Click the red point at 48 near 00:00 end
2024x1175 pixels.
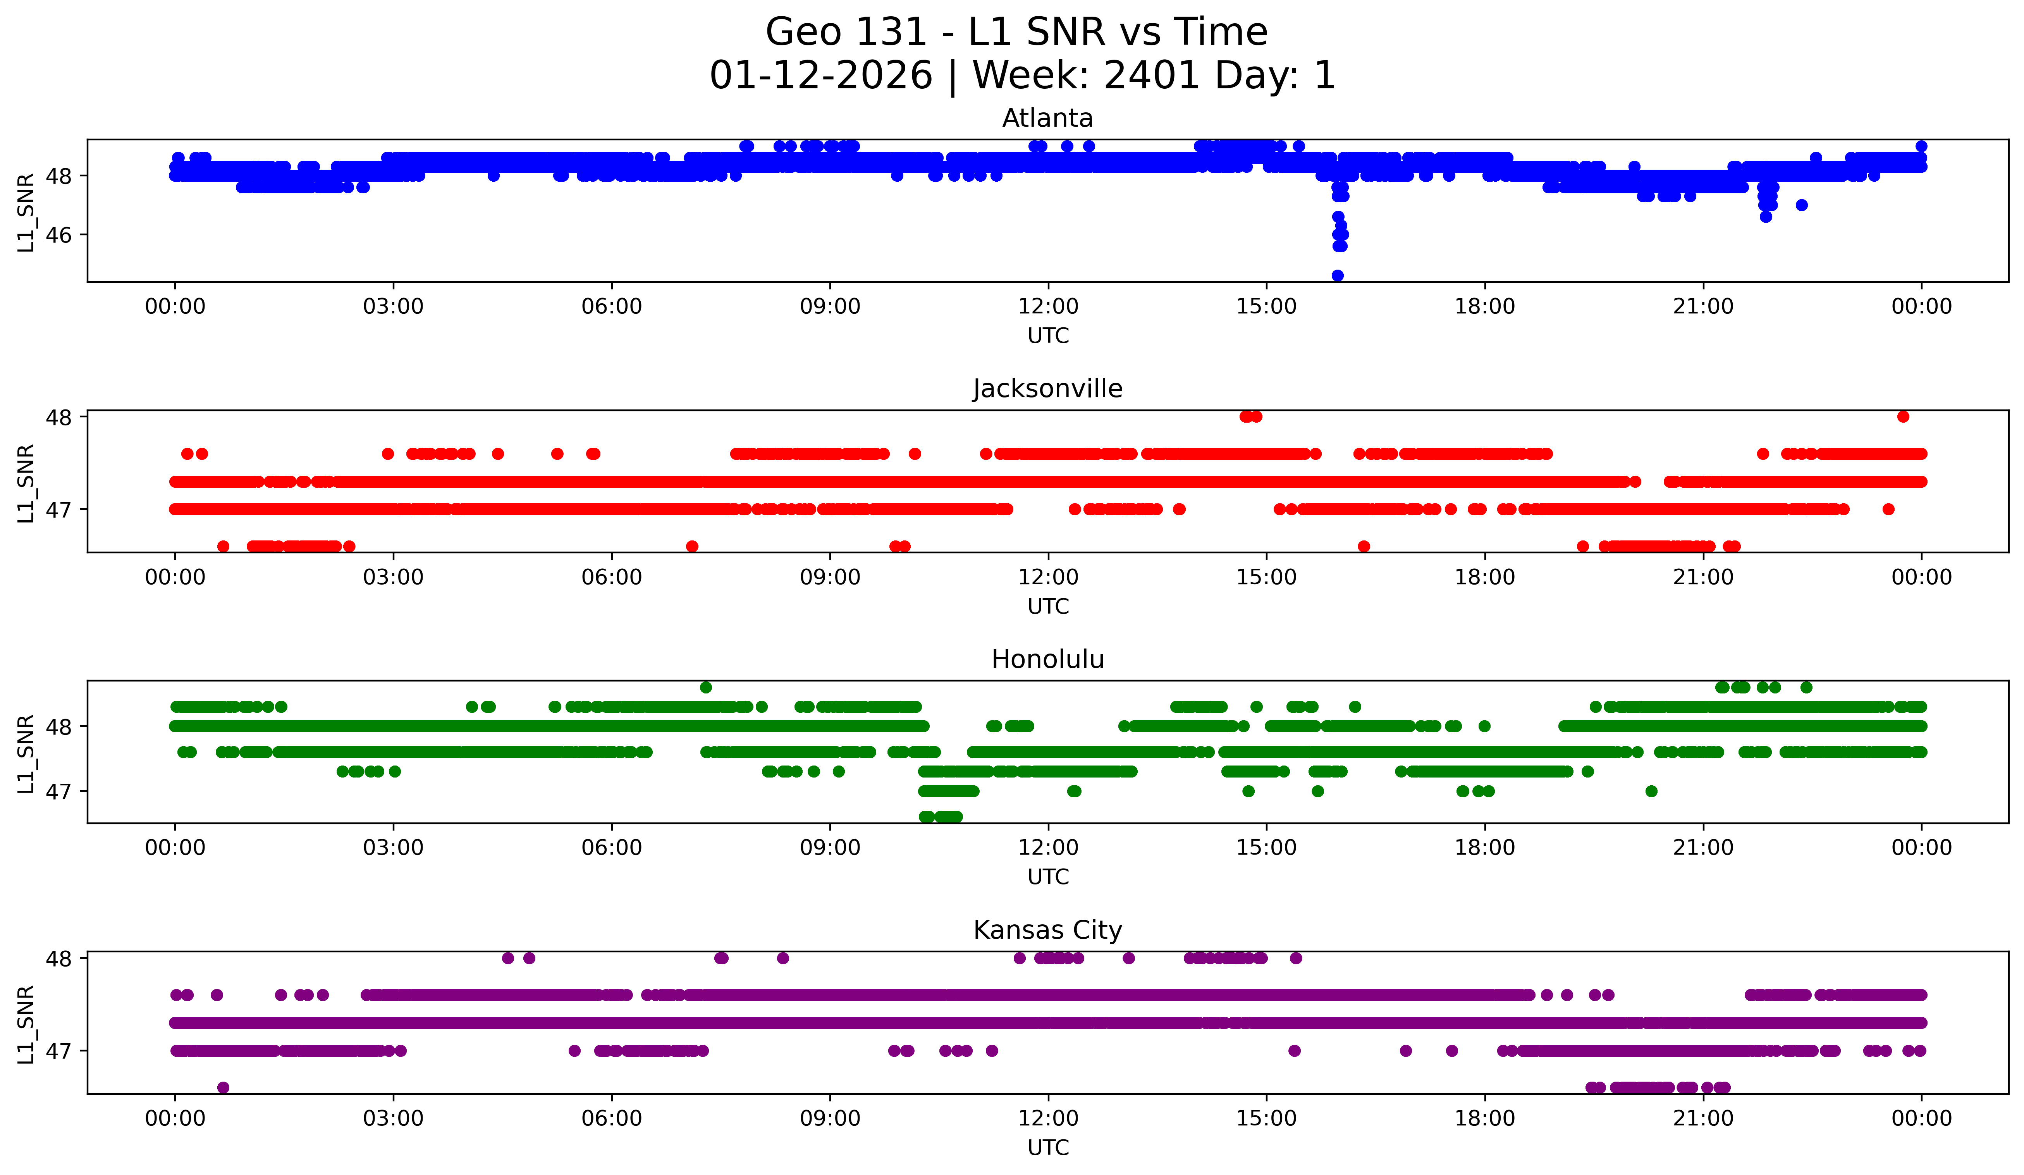[x=1903, y=416]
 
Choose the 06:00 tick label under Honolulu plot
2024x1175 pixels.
[x=611, y=848]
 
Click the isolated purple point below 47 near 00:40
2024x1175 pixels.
[x=223, y=1087]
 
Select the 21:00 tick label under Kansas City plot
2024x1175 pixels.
[x=1703, y=1119]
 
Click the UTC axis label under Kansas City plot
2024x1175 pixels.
[x=1047, y=1148]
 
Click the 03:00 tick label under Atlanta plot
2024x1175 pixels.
[x=393, y=307]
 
